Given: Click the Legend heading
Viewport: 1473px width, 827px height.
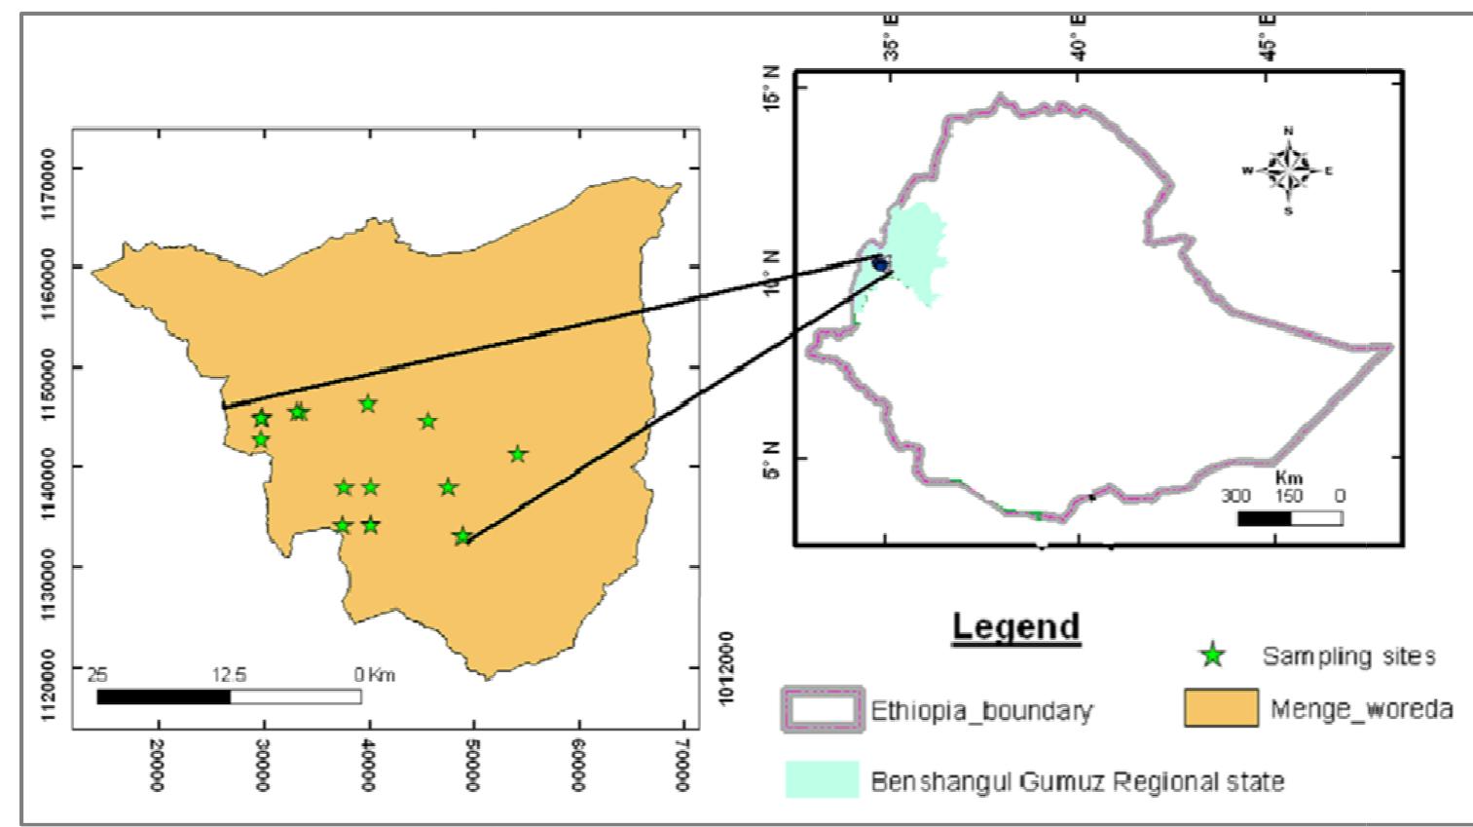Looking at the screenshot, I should click(x=1015, y=626).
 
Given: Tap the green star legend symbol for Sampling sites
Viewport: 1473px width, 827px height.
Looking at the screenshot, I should click(x=1212, y=656).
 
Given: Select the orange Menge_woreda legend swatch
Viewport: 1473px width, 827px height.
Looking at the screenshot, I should click(x=1221, y=708).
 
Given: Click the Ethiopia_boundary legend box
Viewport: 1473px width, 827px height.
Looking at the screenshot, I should click(x=822, y=709).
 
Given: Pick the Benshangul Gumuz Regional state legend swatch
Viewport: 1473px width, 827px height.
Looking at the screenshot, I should click(x=823, y=780).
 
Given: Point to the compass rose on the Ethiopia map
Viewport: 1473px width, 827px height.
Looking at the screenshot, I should click(x=1288, y=170).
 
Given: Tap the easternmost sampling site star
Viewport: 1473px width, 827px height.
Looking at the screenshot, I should click(x=518, y=454).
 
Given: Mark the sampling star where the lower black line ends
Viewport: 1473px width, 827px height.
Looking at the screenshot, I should click(x=462, y=537).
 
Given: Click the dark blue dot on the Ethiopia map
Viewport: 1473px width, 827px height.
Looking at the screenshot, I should click(x=880, y=263).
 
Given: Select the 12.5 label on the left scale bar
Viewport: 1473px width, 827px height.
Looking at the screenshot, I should click(x=230, y=674).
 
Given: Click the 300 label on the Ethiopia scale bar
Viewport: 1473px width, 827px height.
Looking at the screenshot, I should click(x=1235, y=496).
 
